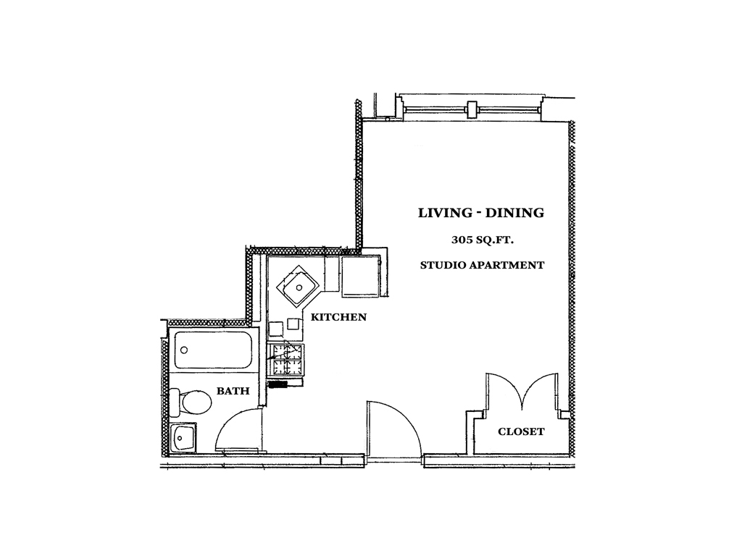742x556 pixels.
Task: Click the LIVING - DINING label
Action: pos(481,213)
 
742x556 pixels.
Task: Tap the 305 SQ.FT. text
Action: pos(482,240)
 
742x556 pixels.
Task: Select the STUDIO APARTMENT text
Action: pos(482,265)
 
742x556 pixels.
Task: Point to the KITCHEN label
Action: pos(338,317)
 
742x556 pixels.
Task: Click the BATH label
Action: pos(233,391)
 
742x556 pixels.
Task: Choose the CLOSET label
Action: pos(521,431)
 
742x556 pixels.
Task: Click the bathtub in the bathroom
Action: pos(212,350)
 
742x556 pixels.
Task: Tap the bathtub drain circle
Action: pos(184,350)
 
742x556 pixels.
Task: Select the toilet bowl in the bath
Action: pos(196,402)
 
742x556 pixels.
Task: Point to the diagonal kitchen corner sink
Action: pos(298,287)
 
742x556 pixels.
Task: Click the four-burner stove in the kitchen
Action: pos(285,361)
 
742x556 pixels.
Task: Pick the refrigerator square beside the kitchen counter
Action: pos(359,277)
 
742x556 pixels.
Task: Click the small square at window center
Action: pos(471,110)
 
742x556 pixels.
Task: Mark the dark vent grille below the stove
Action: pos(278,384)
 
